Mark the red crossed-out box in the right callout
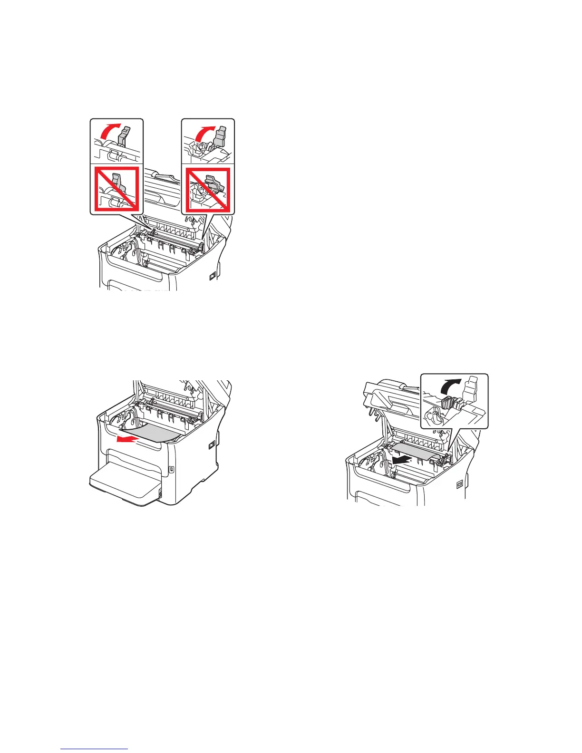click(x=208, y=190)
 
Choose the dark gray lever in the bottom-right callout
click(x=447, y=403)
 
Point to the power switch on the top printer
click(x=212, y=275)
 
